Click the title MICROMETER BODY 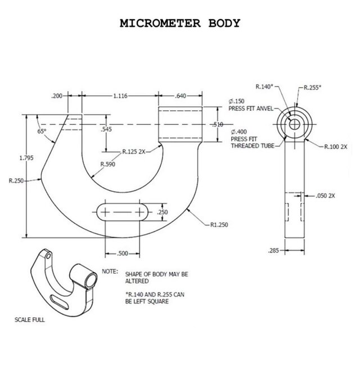point(181,24)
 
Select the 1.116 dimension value point(119,96)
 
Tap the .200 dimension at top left point(57,96)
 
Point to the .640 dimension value point(180,96)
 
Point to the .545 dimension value point(106,130)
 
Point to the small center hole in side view point(294,125)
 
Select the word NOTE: point(109,271)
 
